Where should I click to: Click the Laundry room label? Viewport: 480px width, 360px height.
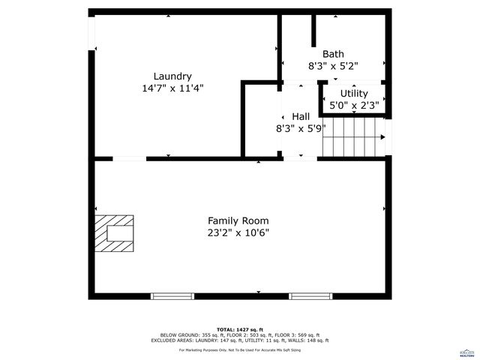click(172, 76)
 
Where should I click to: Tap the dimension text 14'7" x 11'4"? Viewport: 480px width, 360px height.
click(172, 88)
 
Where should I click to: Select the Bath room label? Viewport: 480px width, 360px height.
click(333, 54)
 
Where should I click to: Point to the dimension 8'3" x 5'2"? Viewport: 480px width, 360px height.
click(333, 66)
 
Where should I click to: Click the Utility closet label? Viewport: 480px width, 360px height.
click(354, 94)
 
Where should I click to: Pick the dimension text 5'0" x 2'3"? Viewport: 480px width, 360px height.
click(354, 106)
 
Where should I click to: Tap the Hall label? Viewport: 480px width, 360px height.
click(301, 116)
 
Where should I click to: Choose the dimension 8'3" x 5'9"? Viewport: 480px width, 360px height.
click(300, 128)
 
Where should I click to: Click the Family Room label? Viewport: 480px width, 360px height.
click(238, 220)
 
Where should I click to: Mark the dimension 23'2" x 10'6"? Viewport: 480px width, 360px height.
click(238, 232)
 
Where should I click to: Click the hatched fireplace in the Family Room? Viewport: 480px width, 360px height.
click(114, 233)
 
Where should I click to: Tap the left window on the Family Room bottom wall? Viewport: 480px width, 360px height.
click(173, 296)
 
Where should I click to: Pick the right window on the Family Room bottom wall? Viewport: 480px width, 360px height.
click(311, 296)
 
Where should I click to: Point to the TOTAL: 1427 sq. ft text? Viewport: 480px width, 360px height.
click(240, 330)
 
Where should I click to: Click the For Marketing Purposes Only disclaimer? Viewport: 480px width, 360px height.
click(240, 349)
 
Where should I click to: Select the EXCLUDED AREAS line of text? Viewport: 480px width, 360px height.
click(240, 340)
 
